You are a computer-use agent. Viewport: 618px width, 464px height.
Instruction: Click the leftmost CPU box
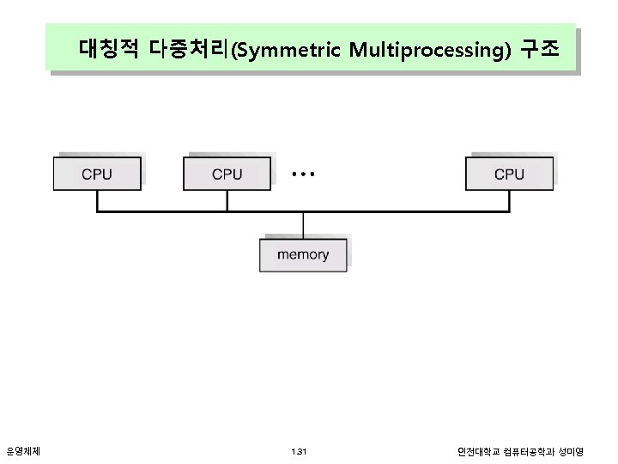click(x=97, y=174)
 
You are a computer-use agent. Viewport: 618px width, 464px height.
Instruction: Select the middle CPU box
click(x=227, y=174)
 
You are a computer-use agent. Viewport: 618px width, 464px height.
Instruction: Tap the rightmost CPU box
click(x=509, y=174)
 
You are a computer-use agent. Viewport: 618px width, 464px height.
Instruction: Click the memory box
click(x=303, y=254)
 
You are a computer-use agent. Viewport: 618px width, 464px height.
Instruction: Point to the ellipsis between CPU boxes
click(x=303, y=174)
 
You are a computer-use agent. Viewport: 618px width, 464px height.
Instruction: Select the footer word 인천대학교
click(x=477, y=451)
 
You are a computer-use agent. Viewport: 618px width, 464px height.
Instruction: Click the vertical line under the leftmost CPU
click(x=97, y=200)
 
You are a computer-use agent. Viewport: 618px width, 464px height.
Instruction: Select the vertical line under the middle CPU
click(x=227, y=200)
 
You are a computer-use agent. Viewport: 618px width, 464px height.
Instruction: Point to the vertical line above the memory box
click(x=303, y=224)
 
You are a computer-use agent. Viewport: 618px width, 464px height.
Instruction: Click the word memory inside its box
click(x=303, y=254)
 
